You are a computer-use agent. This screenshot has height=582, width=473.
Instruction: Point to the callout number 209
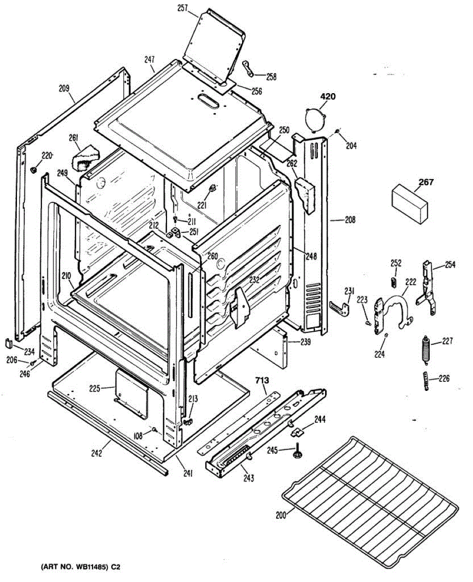[64, 89]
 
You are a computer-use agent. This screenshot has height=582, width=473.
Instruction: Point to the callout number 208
[350, 220]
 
